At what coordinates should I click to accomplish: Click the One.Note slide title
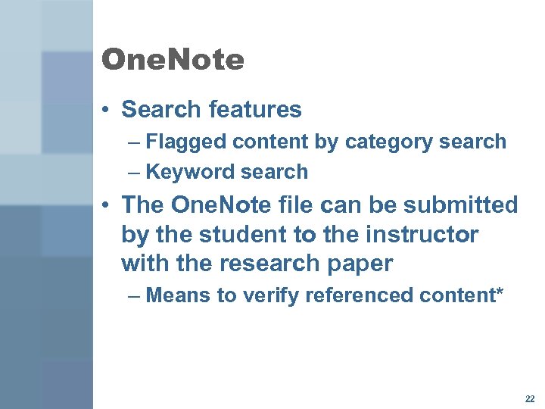(173, 60)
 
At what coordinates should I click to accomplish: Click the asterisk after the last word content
(497, 292)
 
